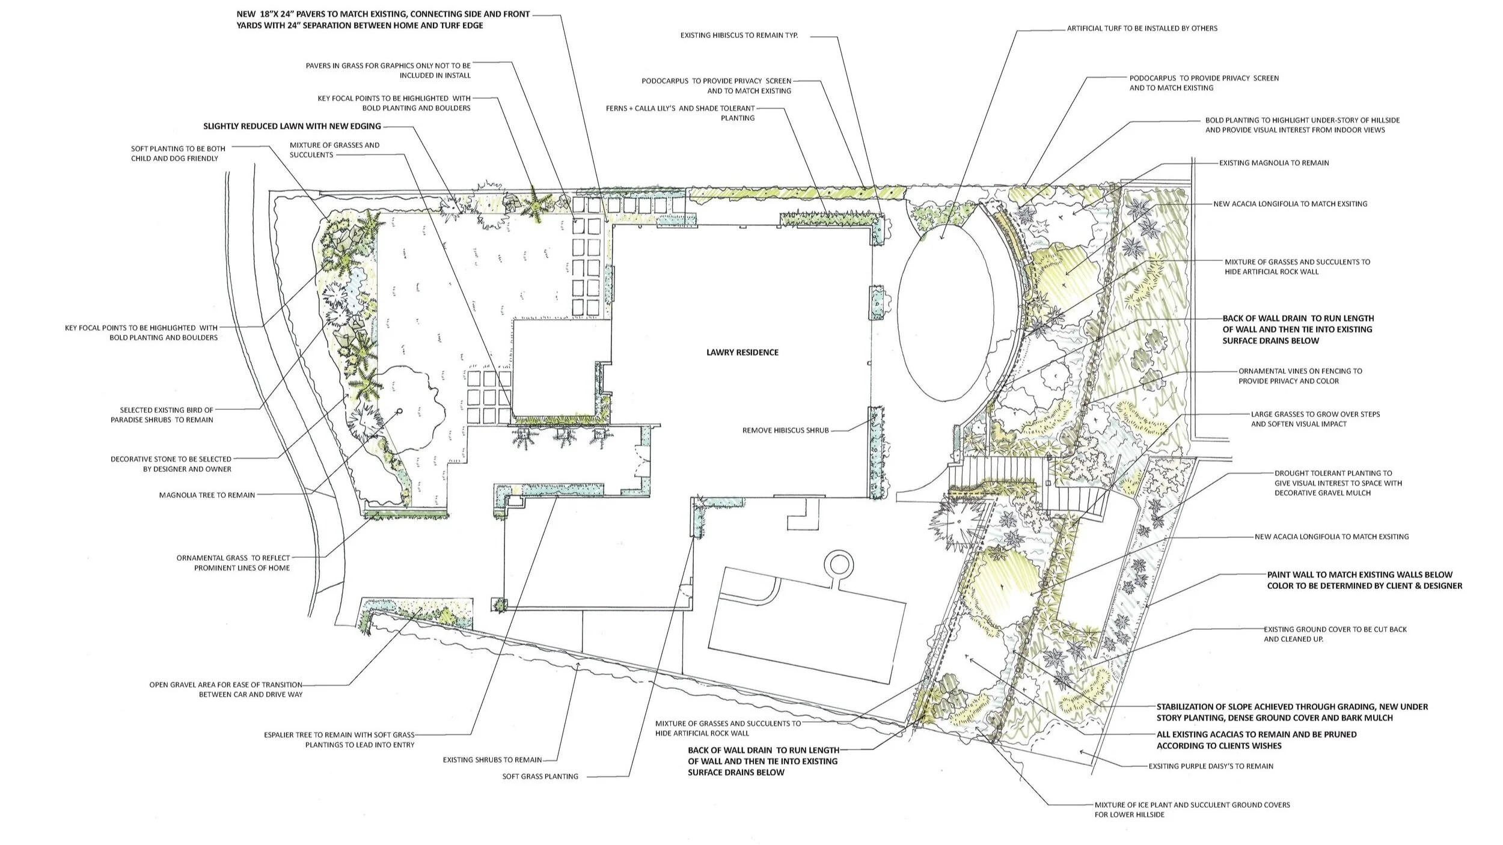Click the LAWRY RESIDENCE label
coord(742,353)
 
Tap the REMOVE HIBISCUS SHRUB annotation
coord(785,430)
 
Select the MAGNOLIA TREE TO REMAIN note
coord(207,495)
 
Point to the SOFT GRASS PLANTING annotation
coord(540,776)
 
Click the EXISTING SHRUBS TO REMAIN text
coord(492,760)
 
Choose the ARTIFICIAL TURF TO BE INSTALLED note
coord(1142,28)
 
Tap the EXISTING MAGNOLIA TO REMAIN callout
coord(1273,163)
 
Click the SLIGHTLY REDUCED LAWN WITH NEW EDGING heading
coord(292,126)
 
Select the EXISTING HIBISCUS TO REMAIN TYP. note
coord(739,35)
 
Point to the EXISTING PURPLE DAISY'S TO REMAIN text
coord(1211,766)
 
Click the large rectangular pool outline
coord(806,625)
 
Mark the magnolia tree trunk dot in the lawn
coord(399,412)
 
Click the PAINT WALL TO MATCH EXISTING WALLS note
coord(1364,580)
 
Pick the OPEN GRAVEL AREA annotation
coord(225,689)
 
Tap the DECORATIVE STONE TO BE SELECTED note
coord(171,464)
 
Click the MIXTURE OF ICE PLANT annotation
coord(1192,810)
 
